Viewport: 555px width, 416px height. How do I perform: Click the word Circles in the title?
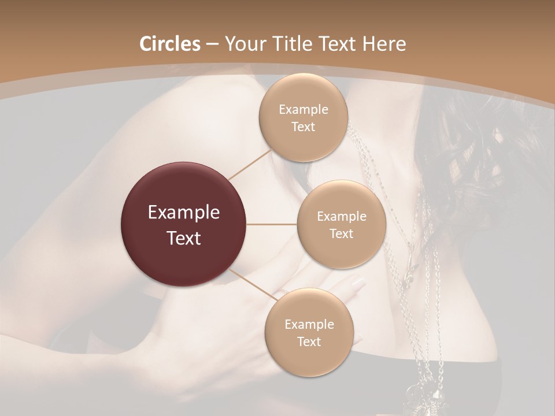169,44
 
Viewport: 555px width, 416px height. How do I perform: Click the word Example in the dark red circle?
184,213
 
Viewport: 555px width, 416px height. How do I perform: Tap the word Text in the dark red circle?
184,238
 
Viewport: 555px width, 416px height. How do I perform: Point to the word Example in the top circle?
304,110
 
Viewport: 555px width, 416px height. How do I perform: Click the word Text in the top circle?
304,127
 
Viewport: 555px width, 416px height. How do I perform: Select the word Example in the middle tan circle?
342,217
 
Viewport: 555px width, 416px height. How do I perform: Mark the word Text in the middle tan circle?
342,234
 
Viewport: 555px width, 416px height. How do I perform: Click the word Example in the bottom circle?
309,325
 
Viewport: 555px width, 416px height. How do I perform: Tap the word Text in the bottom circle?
309,342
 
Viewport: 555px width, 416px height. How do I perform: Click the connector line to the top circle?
250,165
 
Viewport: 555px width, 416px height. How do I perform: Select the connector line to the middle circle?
272,224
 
